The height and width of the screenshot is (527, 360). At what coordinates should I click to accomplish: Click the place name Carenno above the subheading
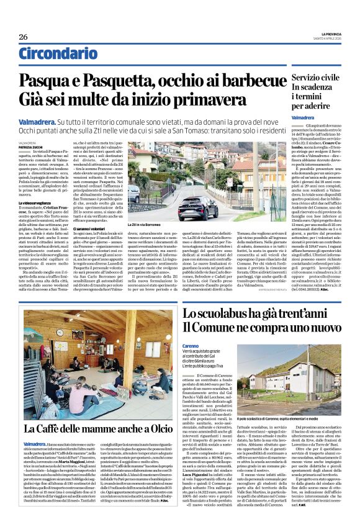tap(191, 346)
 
